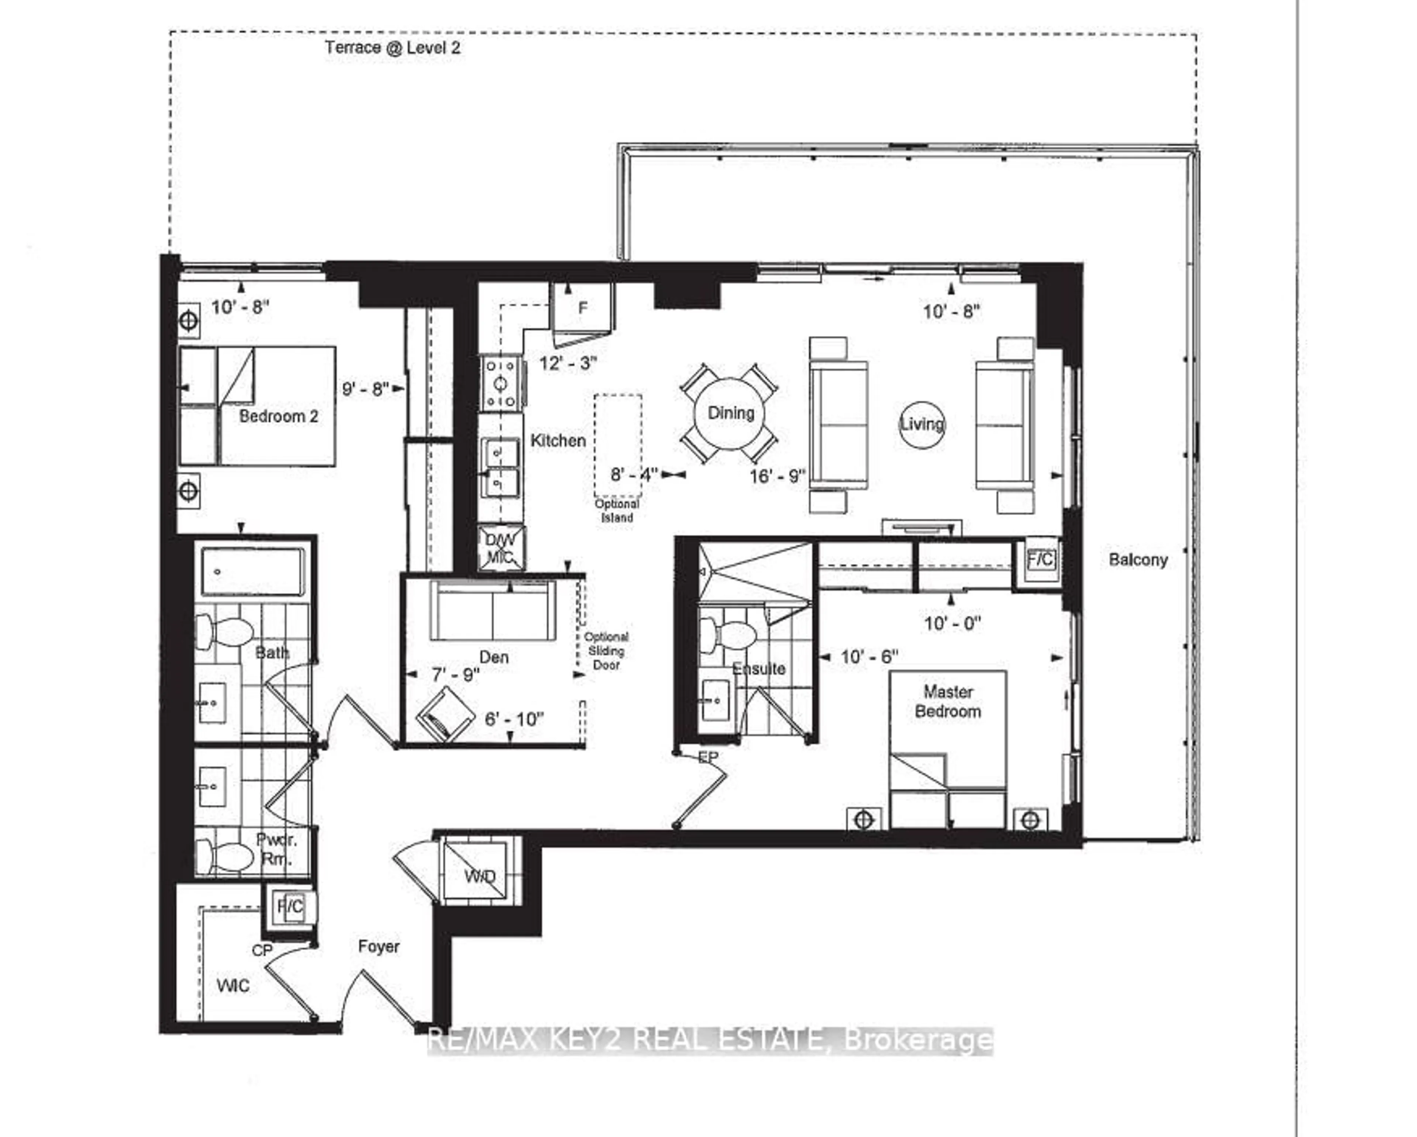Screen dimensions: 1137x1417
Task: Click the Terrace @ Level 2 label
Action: click(x=392, y=47)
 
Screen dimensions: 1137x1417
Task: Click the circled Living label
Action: click(x=921, y=425)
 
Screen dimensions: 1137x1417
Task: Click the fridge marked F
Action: click(x=582, y=308)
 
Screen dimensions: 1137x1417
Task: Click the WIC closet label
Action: click(x=233, y=986)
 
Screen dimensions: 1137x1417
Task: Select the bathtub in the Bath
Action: click(x=252, y=572)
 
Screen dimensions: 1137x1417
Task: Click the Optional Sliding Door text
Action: click(x=606, y=651)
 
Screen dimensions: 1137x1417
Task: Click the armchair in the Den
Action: click(x=446, y=716)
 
